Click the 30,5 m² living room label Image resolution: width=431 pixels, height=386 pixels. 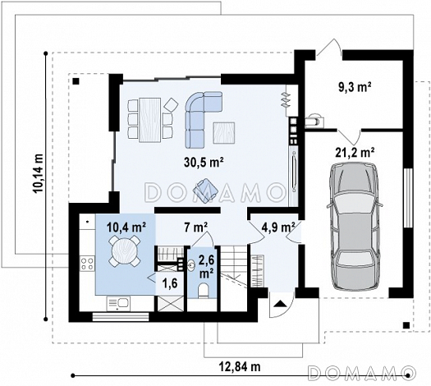(x=203, y=163)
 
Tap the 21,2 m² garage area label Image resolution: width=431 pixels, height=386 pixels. (x=355, y=152)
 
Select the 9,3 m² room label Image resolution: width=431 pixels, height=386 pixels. (x=355, y=87)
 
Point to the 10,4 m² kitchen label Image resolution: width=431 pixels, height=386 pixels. (x=126, y=227)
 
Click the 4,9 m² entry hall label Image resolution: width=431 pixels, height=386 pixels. (x=278, y=227)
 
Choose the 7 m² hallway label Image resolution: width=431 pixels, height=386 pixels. (x=196, y=227)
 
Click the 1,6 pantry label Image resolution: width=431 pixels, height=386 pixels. (x=170, y=283)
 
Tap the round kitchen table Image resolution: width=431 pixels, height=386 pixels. (x=125, y=250)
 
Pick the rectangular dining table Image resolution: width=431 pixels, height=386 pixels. (x=149, y=120)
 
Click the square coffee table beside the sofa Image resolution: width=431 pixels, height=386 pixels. (x=224, y=133)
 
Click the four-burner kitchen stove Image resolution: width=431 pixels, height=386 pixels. (x=88, y=264)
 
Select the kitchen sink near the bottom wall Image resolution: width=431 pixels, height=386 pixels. (x=118, y=304)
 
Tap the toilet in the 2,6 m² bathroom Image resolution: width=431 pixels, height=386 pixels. (x=204, y=291)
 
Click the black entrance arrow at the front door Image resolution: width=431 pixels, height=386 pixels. (x=280, y=303)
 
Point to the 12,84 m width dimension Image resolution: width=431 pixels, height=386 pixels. (x=240, y=366)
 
